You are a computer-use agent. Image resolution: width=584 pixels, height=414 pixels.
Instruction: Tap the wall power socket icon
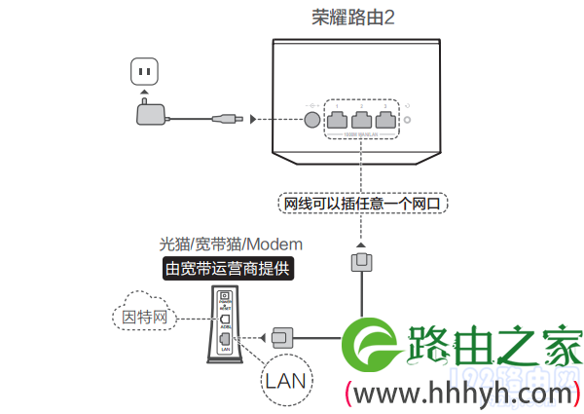(x=145, y=72)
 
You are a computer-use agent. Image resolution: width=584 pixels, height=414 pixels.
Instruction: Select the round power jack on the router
(x=311, y=120)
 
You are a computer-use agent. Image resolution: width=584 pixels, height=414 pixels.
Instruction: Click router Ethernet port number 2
(x=362, y=120)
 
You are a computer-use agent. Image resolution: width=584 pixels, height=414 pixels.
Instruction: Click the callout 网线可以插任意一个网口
(x=361, y=205)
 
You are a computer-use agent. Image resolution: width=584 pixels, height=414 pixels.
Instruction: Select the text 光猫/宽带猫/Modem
(x=231, y=244)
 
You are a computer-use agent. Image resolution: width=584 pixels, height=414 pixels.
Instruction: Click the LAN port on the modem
(x=225, y=337)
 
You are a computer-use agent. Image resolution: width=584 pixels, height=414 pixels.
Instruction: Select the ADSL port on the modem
(x=225, y=319)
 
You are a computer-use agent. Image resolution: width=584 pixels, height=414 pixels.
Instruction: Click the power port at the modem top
(x=225, y=296)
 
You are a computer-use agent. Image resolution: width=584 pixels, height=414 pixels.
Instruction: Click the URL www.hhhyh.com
(x=461, y=394)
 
